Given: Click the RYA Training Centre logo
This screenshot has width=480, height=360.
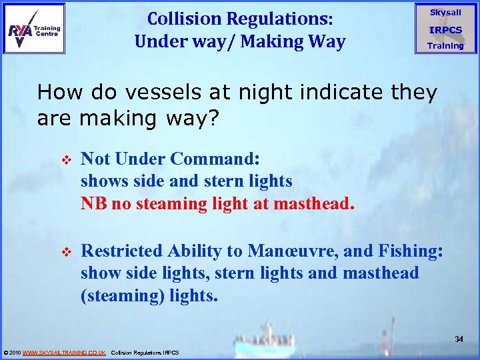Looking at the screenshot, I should coord(35,29).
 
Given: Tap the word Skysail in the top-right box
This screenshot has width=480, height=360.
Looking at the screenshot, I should coord(445,13).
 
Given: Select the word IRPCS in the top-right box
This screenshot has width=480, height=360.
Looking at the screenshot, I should coord(445,29).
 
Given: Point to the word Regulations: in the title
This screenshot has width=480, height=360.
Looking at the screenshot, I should coord(285,17).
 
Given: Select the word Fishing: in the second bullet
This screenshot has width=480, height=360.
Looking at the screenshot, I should coord(406,251).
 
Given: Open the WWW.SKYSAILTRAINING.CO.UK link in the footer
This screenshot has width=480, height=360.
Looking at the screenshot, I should coord(64,352).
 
